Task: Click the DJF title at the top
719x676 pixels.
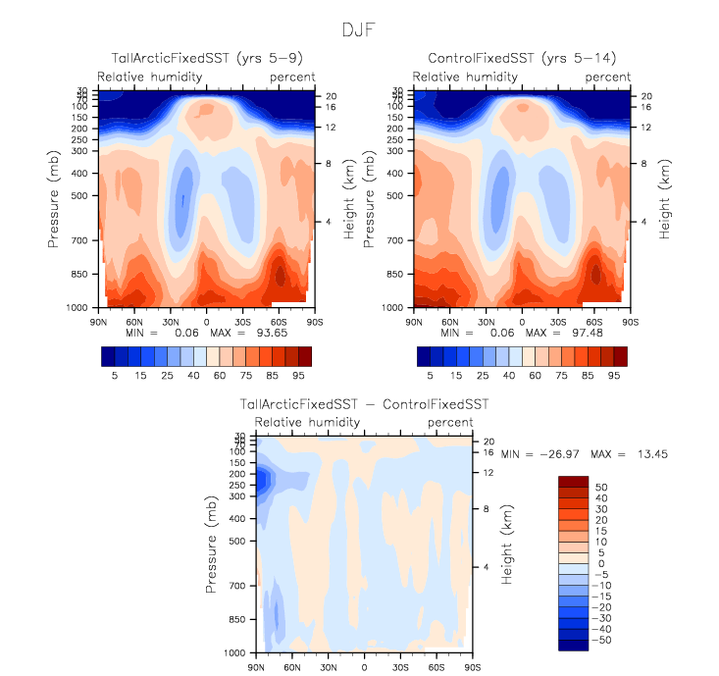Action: click(358, 30)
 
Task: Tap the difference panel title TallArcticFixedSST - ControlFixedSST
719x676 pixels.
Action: click(364, 404)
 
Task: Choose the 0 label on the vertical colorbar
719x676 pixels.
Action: click(599, 564)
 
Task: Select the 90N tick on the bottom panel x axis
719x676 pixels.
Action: click(256, 667)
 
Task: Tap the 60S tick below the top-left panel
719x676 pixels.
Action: click(279, 321)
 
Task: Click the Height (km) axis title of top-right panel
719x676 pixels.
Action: click(666, 198)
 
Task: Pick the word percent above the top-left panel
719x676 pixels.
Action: click(293, 77)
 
